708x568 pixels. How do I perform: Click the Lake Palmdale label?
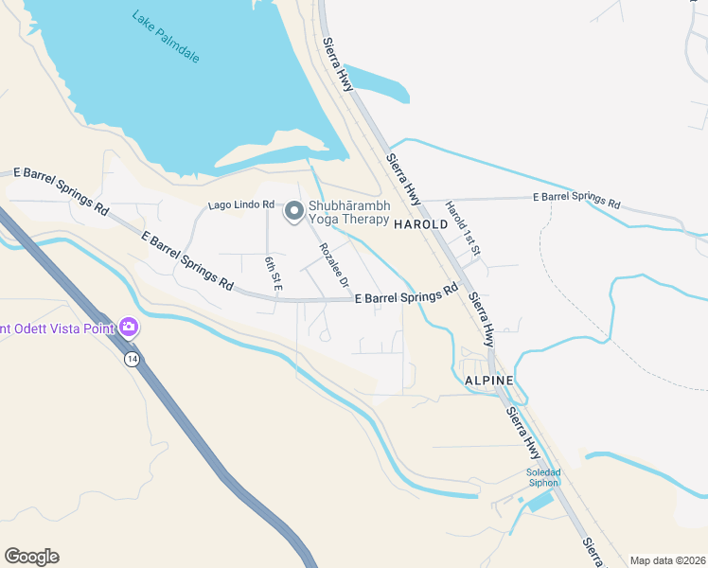[x=167, y=36]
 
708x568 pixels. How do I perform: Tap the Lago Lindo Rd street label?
[x=241, y=205]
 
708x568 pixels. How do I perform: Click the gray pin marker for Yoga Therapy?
[x=293, y=212]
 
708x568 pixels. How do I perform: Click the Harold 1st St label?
[x=464, y=228]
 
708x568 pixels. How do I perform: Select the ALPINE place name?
[x=489, y=380]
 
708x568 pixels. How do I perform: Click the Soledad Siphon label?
[x=543, y=477]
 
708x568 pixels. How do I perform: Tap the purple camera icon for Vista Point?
[x=128, y=328]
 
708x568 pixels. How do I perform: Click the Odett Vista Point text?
[x=57, y=328]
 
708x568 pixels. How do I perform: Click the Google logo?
[x=31, y=557]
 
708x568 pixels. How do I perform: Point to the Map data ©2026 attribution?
[x=667, y=560]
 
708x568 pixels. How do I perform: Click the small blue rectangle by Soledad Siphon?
[x=539, y=501]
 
